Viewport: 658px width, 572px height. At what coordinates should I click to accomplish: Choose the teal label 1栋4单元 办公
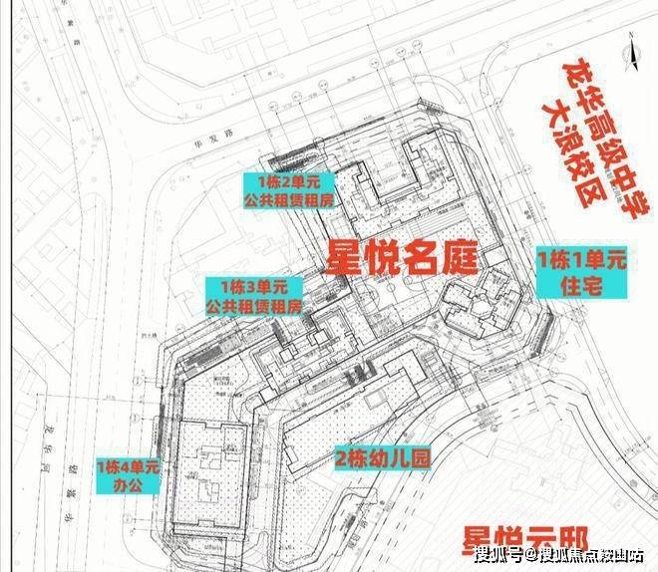pos(127,474)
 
